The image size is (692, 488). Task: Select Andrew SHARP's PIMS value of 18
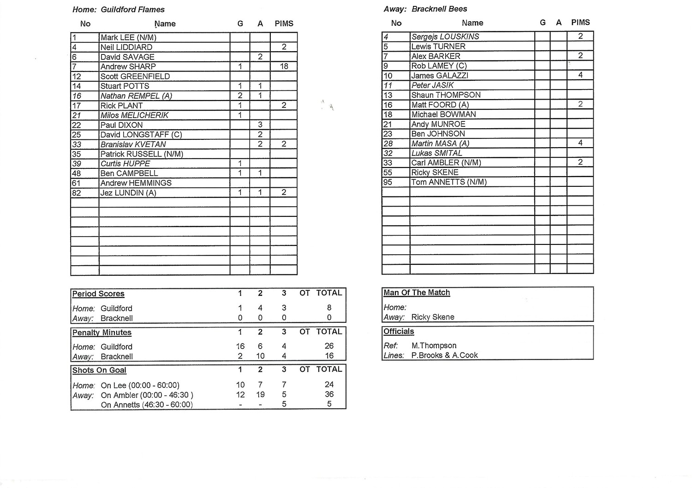point(284,66)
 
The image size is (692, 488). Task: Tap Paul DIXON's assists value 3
point(260,125)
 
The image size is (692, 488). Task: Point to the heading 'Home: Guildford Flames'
point(119,9)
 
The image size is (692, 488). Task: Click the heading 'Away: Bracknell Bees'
point(425,9)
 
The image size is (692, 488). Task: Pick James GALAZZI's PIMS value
point(580,75)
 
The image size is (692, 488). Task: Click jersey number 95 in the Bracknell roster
point(388,182)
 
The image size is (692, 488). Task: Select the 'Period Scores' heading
point(98,294)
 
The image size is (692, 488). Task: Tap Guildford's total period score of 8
point(329,308)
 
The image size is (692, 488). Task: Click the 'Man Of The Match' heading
point(417,292)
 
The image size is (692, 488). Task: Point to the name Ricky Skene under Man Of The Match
point(433,317)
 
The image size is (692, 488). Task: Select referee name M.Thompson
point(434,345)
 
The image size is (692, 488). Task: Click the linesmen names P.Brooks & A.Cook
point(444,355)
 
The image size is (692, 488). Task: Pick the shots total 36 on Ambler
point(329,394)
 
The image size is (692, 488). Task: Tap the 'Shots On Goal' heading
point(99,370)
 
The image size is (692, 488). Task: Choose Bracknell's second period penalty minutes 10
point(260,356)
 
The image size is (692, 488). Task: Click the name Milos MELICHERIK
point(134,115)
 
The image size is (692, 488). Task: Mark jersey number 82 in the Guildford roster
point(77,193)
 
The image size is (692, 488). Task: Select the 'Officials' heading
point(399,331)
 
